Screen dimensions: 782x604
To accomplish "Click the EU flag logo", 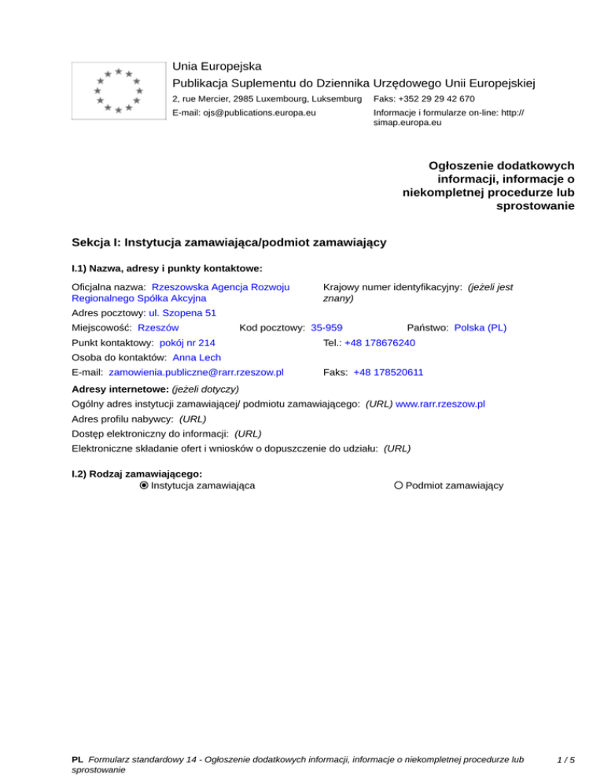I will (118, 90).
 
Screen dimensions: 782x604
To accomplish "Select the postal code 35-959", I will (326, 327).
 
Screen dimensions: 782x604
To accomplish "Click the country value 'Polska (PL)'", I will (481, 327).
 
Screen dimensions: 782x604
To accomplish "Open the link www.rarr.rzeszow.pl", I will (440, 404).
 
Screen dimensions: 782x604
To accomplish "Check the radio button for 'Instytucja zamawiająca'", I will (144, 485).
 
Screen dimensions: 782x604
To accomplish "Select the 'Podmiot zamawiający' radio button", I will (399, 485).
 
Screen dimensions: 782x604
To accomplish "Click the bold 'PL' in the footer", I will (77, 761).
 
